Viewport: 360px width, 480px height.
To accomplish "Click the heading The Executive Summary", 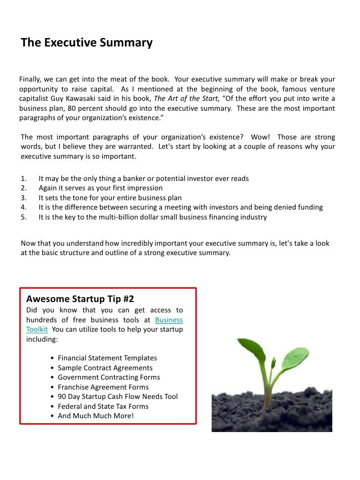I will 87,43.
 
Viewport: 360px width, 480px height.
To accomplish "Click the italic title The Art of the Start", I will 183,99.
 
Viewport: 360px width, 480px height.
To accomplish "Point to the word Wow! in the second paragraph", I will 261,137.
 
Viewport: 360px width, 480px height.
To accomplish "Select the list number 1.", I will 23,178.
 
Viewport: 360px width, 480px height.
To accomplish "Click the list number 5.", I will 23,217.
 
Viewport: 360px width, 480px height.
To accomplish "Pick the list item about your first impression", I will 100,188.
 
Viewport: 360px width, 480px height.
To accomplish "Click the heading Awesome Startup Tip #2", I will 80,299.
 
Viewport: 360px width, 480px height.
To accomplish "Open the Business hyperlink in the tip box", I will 169,320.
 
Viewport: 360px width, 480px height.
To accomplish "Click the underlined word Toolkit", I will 37,330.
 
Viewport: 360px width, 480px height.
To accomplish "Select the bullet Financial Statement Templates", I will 107,358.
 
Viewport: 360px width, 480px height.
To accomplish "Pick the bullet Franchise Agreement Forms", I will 103,387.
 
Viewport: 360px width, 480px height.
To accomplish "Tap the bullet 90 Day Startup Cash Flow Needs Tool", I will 118,396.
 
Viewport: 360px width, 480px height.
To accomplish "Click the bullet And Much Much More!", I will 95,416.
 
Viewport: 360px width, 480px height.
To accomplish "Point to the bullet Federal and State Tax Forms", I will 103,406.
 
